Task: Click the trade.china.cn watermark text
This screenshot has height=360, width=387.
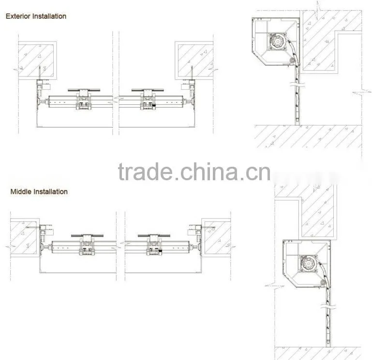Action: click(x=194, y=172)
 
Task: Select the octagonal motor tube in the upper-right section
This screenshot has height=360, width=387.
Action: click(x=278, y=42)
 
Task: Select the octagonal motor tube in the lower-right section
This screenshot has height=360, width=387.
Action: click(x=308, y=263)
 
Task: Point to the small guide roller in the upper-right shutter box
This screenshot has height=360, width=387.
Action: click(x=293, y=61)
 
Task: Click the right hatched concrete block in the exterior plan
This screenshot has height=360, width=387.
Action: click(x=195, y=60)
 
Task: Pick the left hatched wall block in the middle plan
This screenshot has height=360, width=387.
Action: click(x=24, y=238)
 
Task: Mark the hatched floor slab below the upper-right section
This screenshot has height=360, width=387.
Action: click(x=309, y=136)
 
